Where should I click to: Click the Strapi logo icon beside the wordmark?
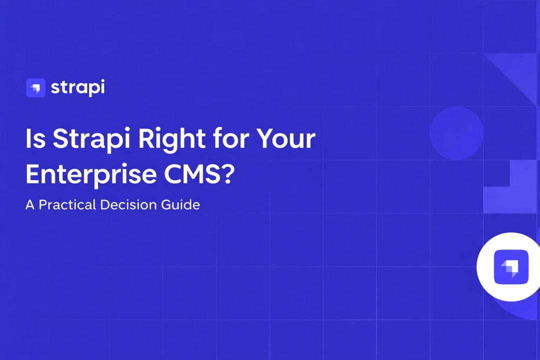35,88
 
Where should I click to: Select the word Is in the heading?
35,138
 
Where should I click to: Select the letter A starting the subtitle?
30,205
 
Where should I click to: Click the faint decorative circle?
456,133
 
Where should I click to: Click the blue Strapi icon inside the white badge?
510,265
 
